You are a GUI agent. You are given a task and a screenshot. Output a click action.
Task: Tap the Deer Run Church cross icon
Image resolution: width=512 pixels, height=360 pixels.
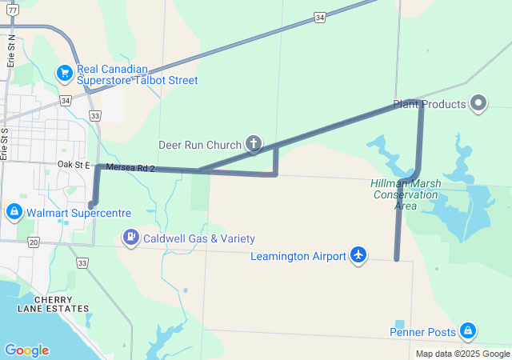254,145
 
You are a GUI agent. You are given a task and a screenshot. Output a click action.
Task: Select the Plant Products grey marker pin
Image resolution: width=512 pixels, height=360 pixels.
478,104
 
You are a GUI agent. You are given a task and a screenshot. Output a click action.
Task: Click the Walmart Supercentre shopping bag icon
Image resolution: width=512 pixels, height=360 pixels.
14,213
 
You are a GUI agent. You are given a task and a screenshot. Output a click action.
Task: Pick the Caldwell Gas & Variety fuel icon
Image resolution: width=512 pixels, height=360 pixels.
130,238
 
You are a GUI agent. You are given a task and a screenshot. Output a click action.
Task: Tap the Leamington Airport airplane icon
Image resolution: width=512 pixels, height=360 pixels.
358,255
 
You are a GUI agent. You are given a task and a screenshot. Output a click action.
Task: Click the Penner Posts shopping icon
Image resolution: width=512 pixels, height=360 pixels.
467,331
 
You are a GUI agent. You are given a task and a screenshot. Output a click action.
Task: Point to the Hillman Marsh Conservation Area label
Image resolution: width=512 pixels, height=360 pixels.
405,194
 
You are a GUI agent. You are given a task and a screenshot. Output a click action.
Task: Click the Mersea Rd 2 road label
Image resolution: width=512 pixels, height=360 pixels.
129,168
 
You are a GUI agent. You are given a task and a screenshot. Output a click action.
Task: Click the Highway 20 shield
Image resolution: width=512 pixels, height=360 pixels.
33,241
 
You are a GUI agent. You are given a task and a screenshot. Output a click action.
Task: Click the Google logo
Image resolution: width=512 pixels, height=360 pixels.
26,350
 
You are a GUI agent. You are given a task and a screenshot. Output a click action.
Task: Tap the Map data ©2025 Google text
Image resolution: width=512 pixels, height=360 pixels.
462,354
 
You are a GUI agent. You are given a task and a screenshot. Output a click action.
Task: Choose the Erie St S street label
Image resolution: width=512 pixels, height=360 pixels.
4,144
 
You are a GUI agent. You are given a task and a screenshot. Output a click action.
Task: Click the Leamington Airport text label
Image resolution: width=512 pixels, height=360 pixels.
298,256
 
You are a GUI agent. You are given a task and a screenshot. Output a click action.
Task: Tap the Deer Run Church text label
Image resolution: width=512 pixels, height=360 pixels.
200,145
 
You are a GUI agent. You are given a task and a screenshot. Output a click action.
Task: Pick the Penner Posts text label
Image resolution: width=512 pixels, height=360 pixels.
422,332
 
